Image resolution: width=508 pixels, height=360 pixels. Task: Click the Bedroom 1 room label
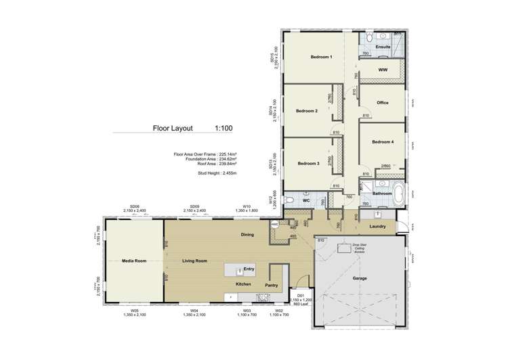coord(321,57)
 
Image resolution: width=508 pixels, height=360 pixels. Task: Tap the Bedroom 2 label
coord(307,110)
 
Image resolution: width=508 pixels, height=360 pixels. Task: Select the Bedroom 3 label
coord(308,163)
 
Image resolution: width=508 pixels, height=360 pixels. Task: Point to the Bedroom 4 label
coord(383,142)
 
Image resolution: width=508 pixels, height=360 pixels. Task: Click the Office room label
coord(383,103)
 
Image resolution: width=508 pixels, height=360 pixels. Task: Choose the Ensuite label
coord(383,47)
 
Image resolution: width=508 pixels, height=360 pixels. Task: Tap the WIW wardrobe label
coord(383,70)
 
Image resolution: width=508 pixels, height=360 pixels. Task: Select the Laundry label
coord(377,227)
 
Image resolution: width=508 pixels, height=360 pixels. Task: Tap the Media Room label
coord(135,261)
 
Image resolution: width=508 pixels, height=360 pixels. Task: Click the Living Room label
coord(194,261)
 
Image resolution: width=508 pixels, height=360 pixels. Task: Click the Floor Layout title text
coord(173,128)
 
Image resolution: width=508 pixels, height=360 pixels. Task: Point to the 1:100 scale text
coord(224,128)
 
